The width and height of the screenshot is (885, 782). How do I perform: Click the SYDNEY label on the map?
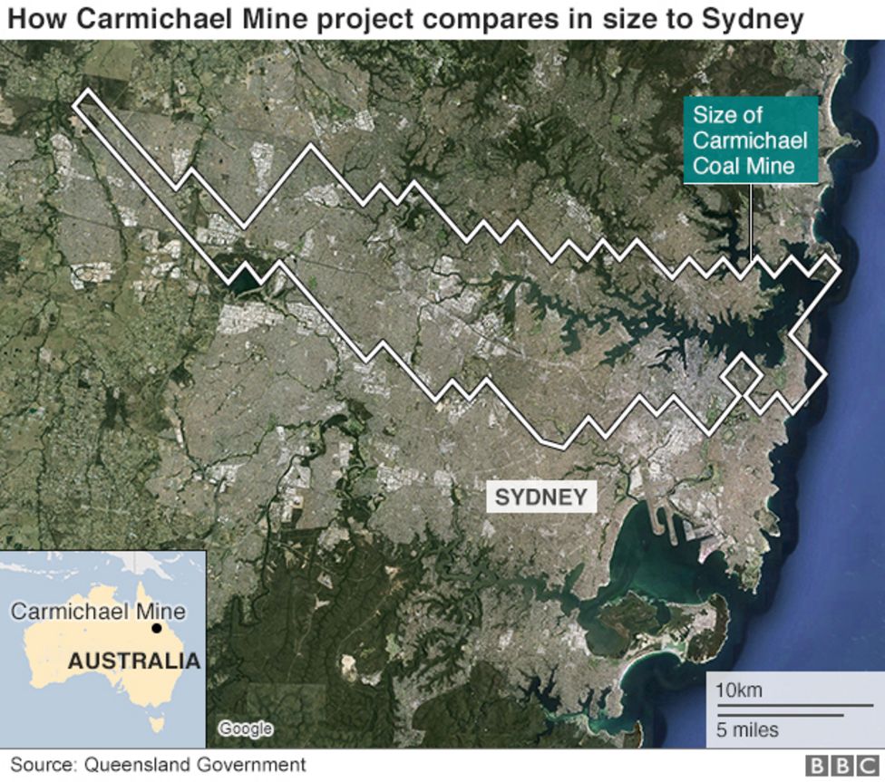coord(541,497)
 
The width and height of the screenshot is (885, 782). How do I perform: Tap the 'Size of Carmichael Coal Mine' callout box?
coord(750,140)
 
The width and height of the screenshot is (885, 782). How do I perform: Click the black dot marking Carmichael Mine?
coord(157,628)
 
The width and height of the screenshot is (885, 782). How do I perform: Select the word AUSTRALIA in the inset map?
coord(133,661)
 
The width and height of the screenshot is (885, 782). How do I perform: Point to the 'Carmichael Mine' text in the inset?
coord(98,611)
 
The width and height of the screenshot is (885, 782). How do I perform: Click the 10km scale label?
coord(738,690)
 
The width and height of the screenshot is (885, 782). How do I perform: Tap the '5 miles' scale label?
coord(746,729)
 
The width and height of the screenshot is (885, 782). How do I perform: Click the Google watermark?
coord(245,729)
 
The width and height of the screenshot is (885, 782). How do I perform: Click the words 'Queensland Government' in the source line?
coord(195,765)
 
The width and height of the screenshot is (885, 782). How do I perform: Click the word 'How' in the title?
coord(35,19)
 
